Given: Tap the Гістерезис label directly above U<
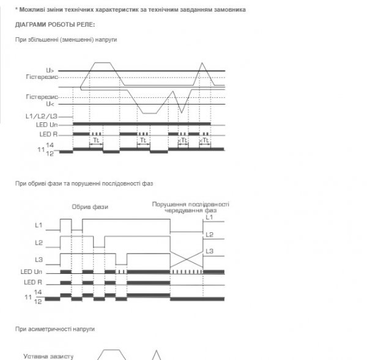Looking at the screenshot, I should tap(42, 97).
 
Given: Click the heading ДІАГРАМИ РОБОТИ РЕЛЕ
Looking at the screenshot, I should tap(56, 25).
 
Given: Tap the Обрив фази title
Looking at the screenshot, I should tap(90, 207).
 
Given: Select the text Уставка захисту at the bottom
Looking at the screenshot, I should tap(48, 355).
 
